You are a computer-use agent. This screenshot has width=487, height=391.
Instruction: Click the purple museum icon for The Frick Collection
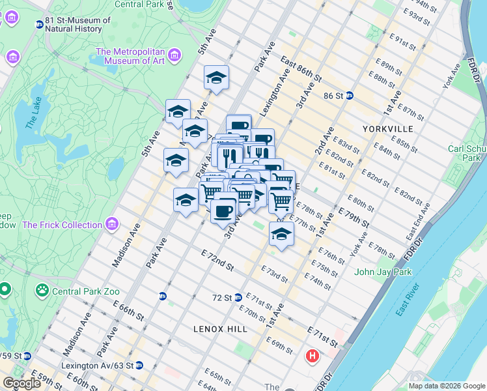pos(112,225)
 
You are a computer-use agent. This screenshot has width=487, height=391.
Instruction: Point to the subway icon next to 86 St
pos(349,94)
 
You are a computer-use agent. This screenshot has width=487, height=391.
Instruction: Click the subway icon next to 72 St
pos(238,297)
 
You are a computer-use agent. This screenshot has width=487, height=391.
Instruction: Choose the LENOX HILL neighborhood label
pos(220,329)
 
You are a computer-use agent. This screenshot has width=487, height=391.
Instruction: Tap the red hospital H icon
pos(313,356)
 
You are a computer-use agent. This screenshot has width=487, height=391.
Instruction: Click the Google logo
pos(21,383)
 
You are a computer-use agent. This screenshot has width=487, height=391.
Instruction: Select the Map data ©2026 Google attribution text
pos(447,386)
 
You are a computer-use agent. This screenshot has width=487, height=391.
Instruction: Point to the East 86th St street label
pos(301,68)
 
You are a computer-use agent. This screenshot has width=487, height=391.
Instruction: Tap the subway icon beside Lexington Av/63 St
pos(139,366)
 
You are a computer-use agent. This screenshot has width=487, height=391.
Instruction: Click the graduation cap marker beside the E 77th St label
pos(281,235)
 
